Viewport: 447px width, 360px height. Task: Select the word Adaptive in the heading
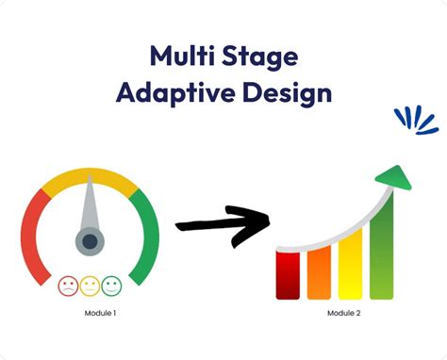tap(175, 93)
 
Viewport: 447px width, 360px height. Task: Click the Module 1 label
tap(100, 313)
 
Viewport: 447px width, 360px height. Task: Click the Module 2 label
tap(344, 313)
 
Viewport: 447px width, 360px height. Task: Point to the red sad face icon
tap(68, 286)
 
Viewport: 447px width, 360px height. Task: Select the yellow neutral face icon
tap(90, 286)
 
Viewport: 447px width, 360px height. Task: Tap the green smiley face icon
tap(111, 286)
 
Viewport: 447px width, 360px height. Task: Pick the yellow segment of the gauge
tap(90, 177)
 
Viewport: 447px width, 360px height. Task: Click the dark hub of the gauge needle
tap(90, 241)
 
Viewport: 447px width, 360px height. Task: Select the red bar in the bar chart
tap(288, 275)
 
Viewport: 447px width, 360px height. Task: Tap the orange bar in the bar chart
tap(319, 272)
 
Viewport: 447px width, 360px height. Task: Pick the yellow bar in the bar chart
tap(350, 264)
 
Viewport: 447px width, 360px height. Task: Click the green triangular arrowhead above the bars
tap(394, 178)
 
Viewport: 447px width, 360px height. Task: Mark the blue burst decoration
tap(416, 121)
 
